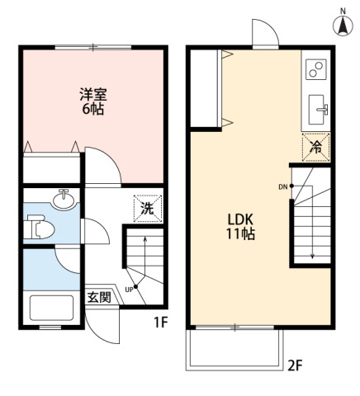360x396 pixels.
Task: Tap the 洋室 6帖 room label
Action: coord(93,101)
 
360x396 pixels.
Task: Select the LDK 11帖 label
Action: coord(240,227)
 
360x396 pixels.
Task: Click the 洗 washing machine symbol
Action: coord(148,209)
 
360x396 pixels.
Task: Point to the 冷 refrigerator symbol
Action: coord(316,148)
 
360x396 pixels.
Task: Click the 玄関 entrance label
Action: coord(99,297)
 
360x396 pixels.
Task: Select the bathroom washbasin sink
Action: coord(64,200)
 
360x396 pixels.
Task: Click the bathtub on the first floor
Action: coord(51,308)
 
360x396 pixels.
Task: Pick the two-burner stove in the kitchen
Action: coord(316,69)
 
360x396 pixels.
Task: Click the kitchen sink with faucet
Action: coord(318,110)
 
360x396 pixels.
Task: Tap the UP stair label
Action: coord(129,290)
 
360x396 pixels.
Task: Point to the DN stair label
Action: coord(283,187)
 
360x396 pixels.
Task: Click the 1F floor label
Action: coord(161,322)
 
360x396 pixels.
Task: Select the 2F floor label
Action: coord(295,365)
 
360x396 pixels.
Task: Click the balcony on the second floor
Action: coord(234,349)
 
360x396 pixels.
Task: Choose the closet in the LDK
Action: coord(206,88)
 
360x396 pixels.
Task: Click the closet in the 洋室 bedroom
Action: coord(51,167)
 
